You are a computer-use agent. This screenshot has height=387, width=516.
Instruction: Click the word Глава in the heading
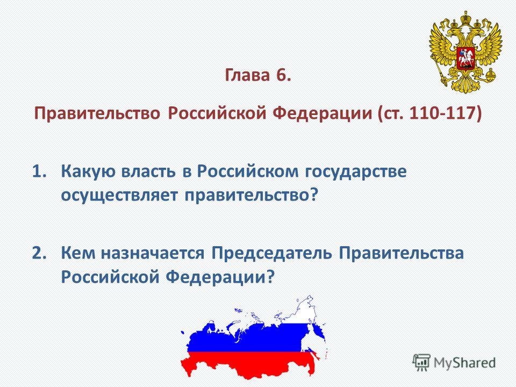pos(247,75)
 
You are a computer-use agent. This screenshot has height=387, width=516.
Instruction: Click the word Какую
pos(88,172)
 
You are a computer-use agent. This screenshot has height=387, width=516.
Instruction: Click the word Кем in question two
pos(78,253)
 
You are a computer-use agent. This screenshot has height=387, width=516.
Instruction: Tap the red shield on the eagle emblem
pos(465,58)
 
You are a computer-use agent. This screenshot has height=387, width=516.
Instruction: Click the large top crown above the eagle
pos(465,17)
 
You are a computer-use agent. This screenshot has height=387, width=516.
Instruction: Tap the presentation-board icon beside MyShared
pos(421,362)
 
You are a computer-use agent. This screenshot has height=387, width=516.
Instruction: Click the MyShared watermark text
pos(464,363)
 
